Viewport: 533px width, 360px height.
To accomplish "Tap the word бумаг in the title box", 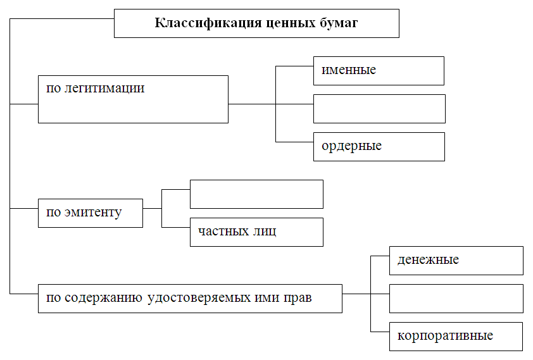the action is (339, 23).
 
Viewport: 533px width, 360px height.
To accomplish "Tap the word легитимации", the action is (104, 89).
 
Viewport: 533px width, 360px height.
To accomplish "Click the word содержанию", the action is (103, 298).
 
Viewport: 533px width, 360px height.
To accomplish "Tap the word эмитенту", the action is (93, 213).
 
